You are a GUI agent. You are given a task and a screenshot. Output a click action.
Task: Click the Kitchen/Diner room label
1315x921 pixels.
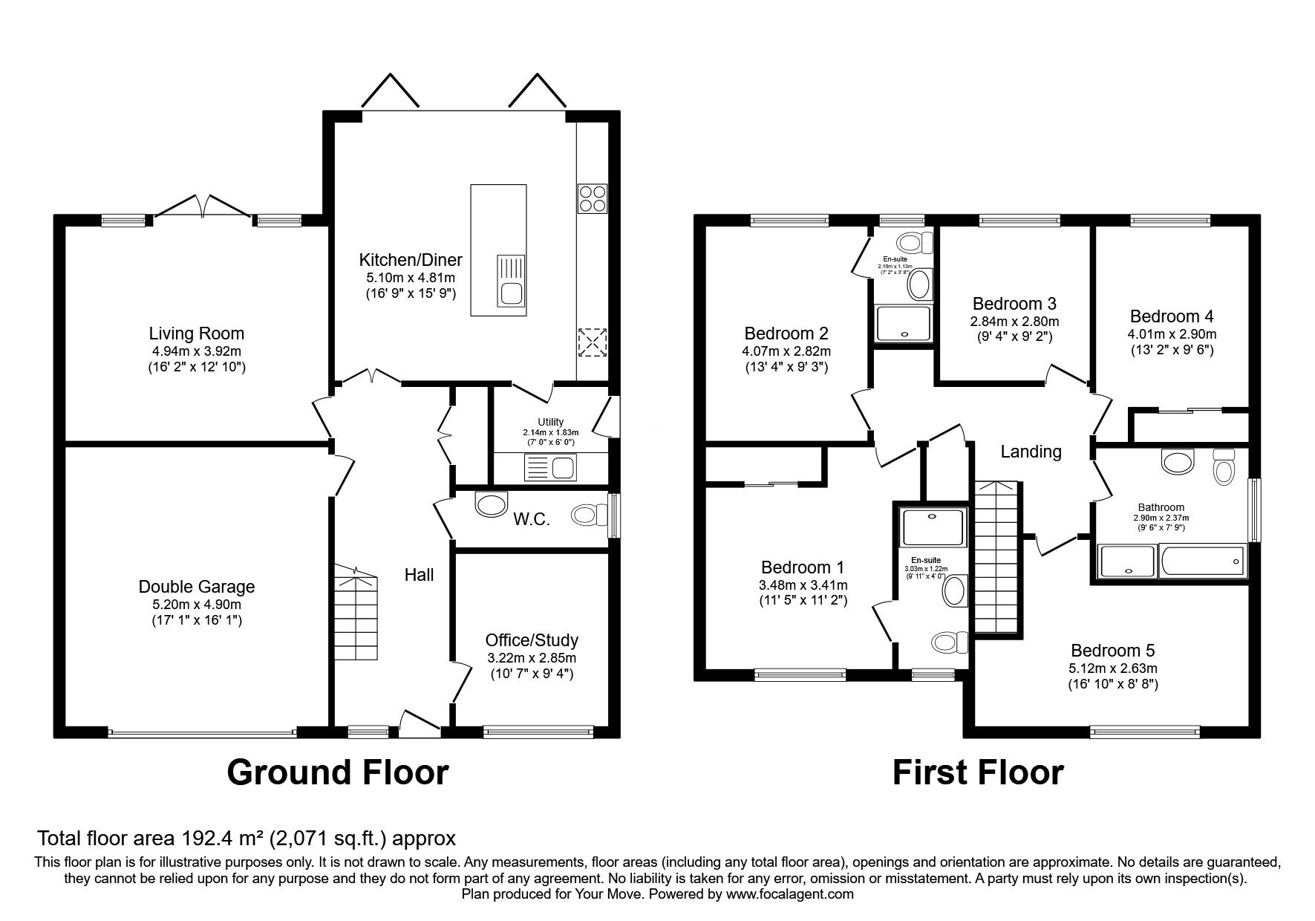[x=411, y=260]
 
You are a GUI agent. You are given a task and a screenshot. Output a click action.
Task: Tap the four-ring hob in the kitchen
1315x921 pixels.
[x=592, y=198]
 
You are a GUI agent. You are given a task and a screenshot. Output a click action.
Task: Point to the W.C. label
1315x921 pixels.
[x=532, y=519]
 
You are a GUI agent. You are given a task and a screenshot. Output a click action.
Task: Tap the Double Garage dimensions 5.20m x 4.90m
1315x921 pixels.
[x=197, y=604]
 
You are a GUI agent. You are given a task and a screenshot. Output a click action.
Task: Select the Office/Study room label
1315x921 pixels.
[x=532, y=640]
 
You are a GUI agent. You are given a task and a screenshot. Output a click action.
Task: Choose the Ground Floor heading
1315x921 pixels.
[x=337, y=772]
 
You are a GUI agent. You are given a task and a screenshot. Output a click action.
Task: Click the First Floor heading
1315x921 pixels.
[x=977, y=772]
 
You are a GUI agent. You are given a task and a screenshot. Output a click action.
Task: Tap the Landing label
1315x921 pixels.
[x=1031, y=451]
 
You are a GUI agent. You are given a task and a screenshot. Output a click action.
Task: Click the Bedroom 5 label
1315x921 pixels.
[x=1112, y=651]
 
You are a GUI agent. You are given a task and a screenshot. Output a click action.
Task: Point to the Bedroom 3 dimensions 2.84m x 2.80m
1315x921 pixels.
[x=1014, y=322]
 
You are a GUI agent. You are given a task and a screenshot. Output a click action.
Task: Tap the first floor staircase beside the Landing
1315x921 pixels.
[x=996, y=557]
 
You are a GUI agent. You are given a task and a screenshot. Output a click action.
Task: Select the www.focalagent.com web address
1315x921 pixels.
[x=789, y=894]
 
